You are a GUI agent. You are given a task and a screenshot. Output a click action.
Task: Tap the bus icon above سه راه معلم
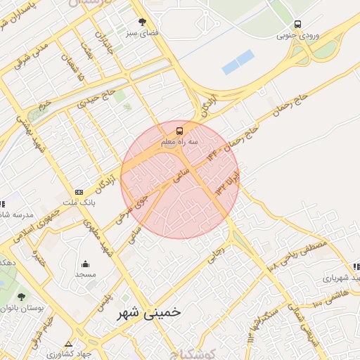(x=179, y=130)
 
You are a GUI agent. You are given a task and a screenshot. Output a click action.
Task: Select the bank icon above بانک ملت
(x=79, y=192)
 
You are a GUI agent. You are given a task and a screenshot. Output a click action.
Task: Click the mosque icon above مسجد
(x=86, y=264)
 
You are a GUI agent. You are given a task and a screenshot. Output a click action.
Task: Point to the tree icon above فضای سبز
(x=143, y=22)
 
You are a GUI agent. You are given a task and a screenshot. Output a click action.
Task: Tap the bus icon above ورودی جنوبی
(x=297, y=25)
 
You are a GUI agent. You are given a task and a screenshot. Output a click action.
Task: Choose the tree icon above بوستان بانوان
(x=21, y=297)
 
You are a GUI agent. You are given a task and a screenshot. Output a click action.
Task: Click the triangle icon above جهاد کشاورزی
(x=68, y=345)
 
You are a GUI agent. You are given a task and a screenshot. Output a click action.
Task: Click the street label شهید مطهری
(x=95, y=236)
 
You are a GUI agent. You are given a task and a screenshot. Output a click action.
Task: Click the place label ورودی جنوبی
(x=295, y=34)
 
